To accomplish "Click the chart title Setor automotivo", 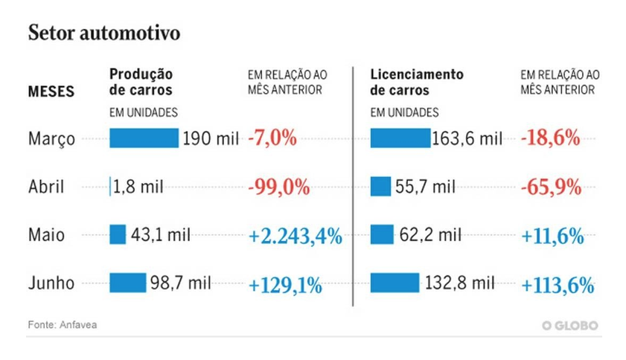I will point(103,33).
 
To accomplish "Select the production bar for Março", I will point(144,138).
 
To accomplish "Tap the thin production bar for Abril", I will point(110,187).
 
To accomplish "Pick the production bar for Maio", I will point(118,235).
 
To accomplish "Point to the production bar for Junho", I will point(127,283).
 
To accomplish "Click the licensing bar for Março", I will point(400,138).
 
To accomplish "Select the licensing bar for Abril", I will point(380,187).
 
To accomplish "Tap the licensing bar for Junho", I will point(395,283).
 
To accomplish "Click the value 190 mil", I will point(211,139).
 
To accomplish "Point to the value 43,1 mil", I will point(160,236).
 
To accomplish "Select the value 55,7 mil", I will point(426,187).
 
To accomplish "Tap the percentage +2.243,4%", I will point(296,237).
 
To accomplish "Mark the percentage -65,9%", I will point(551,187).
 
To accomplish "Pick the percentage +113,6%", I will point(557,285).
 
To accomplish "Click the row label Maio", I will point(46,236).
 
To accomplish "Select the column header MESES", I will point(51,92).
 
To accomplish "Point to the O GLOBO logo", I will point(569,325).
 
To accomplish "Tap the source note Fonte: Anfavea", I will point(63,324).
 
